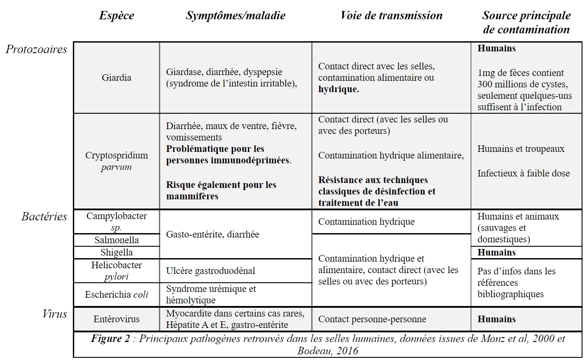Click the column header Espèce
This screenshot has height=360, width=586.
point(116,16)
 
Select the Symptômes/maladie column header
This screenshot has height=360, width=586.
point(235,16)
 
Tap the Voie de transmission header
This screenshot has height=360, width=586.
point(391,16)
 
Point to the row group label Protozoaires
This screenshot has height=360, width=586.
point(36,49)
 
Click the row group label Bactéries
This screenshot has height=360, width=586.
point(44,216)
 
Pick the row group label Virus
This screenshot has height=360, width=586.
point(55,314)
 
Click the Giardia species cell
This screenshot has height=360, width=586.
point(116,78)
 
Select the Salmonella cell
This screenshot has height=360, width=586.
point(116,240)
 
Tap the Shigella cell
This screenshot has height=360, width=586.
point(116,252)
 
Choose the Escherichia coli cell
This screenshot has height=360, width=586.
point(116,295)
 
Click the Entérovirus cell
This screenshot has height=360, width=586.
point(116,319)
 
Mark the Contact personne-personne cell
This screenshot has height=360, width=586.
point(372,319)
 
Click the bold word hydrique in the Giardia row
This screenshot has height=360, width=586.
point(338,89)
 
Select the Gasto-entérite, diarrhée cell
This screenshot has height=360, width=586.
point(212,234)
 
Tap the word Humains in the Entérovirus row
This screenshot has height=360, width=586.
point(496,319)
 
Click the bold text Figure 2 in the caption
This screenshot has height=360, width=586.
point(110,339)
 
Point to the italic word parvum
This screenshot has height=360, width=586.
point(116,167)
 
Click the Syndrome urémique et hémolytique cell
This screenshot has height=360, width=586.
point(211,295)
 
